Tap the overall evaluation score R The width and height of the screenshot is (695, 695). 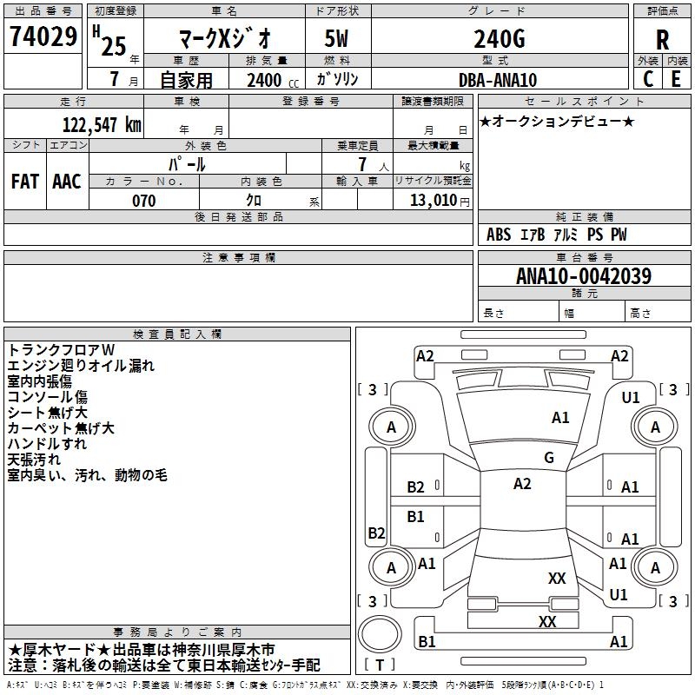coord(662,40)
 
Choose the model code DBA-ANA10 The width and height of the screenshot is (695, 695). coord(498,80)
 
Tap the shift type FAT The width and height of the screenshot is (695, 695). coord(25,182)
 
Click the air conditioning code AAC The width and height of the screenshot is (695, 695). coord(67,182)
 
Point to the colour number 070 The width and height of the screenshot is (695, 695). coord(143,201)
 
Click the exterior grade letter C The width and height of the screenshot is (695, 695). coord(648,78)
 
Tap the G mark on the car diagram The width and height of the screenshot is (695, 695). coord(549,458)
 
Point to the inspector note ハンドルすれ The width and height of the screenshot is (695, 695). coord(47,444)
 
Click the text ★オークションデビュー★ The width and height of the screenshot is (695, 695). coord(557,122)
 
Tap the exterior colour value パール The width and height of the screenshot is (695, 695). coord(186,163)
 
